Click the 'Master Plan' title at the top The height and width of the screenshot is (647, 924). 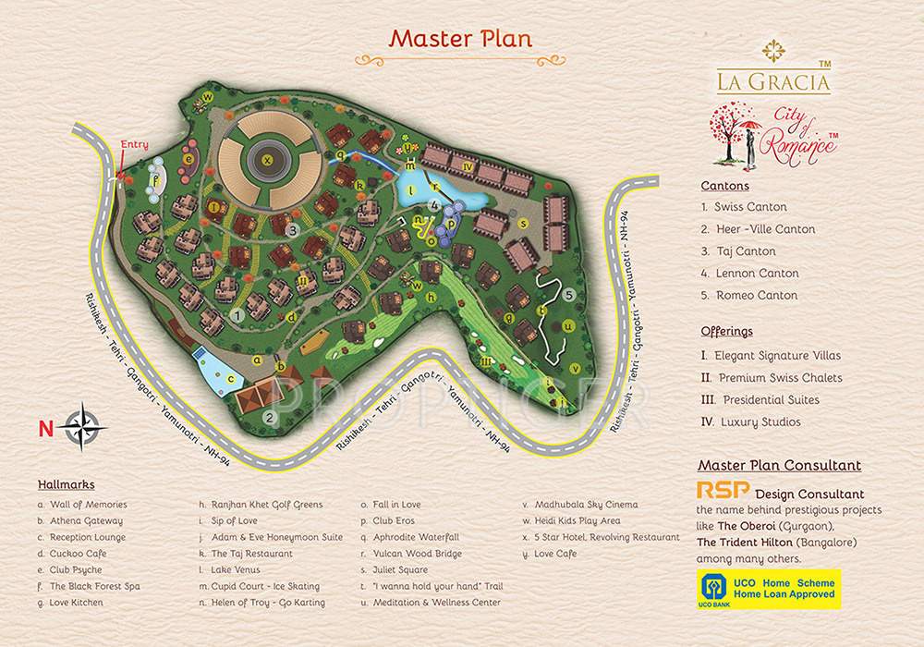click(460, 39)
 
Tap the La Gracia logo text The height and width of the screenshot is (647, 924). click(773, 79)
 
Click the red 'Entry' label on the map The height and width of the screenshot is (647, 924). click(134, 145)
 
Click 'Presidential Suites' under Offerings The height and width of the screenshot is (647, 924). click(769, 400)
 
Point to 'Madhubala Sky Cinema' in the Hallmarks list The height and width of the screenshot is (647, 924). click(585, 505)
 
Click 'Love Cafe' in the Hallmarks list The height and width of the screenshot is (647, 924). click(556, 554)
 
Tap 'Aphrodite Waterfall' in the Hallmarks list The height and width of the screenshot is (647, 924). click(416, 537)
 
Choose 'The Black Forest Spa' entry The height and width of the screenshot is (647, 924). click(88, 586)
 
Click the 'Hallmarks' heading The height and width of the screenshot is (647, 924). click(66, 484)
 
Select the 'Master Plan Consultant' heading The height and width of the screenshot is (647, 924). click(779, 466)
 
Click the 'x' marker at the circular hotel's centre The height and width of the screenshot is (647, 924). click(268, 159)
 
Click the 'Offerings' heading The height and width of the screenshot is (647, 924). click(726, 331)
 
